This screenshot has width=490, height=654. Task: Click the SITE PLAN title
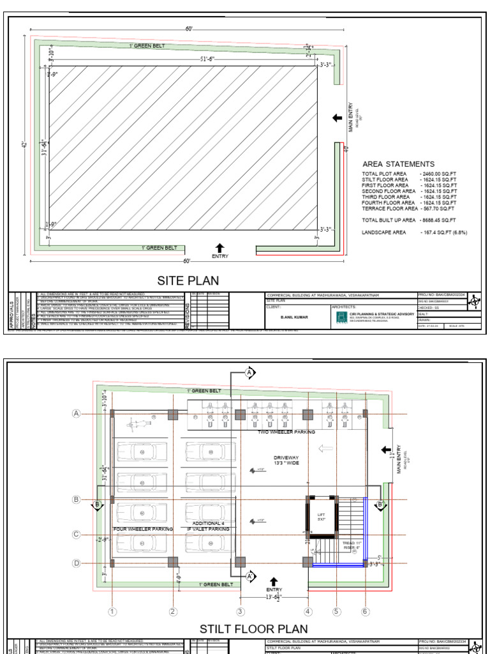(x=188, y=280)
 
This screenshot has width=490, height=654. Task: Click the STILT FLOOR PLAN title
(x=245, y=629)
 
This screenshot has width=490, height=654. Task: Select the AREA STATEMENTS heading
(x=399, y=164)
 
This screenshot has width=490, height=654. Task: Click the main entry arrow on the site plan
(x=338, y=118)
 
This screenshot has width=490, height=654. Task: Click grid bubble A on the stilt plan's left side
(x=77, y=414)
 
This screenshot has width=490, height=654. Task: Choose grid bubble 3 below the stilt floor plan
(x=240, y=612)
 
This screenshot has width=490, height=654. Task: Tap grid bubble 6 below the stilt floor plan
(x=366, y=612)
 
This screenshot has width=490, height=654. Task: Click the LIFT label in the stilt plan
(x=322, y=515)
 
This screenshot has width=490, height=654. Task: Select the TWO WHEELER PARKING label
(x=286, y=432)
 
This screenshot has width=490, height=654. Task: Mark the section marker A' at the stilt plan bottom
(x=251, y=576)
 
